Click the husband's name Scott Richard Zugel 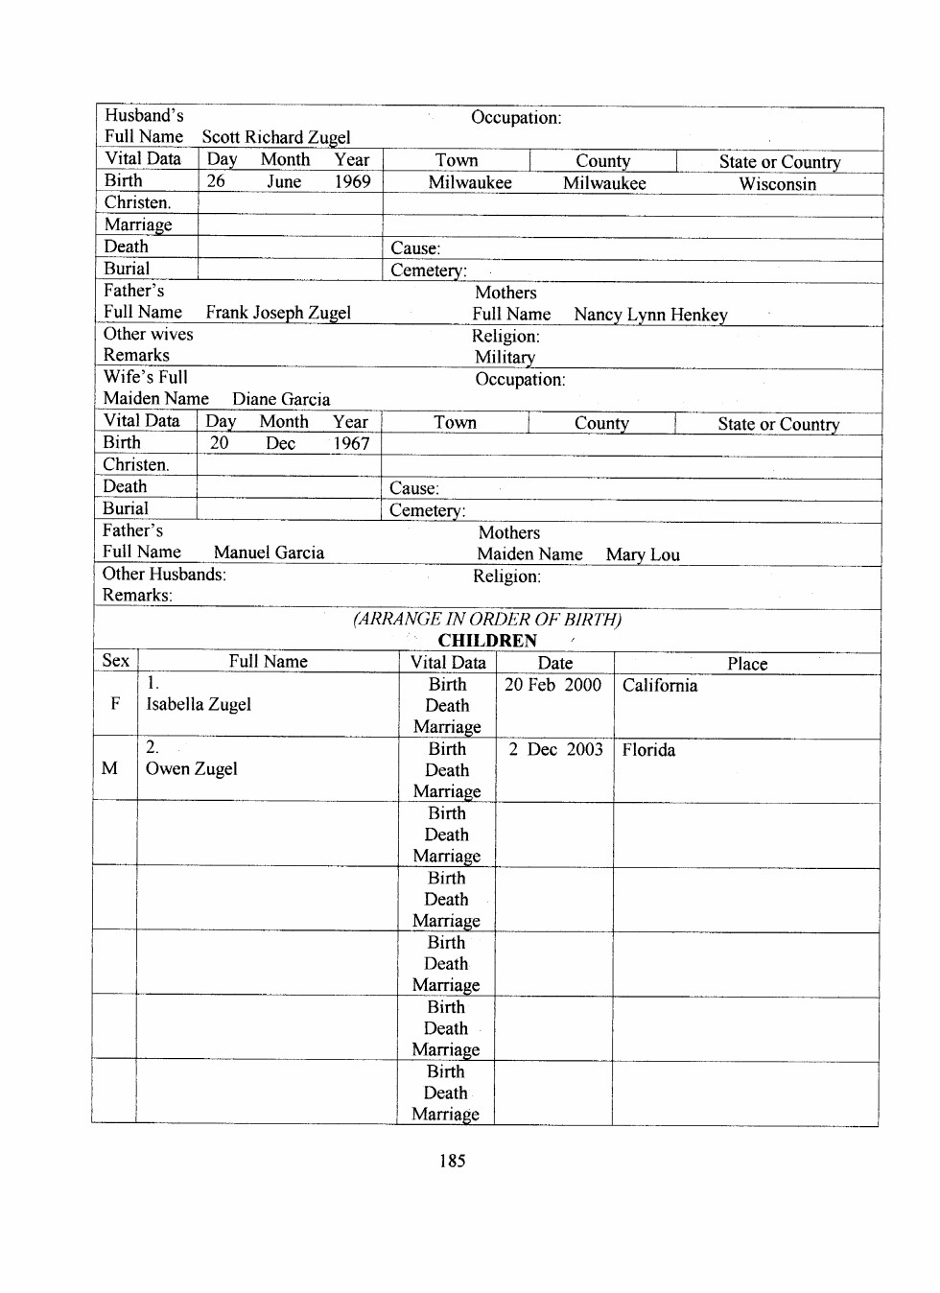(276, 137)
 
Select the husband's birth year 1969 (352, 181)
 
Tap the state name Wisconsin (777, 184)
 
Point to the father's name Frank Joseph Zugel (278, 313)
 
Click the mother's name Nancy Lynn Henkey (650, 315)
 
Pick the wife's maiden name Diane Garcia (281, 399)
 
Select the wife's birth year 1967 (351, 443)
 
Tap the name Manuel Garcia (269, 552)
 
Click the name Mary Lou (643, 554)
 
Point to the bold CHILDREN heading (487, 641)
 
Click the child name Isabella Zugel (199, 704)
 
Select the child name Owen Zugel (191, 768)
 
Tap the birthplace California (660, 686)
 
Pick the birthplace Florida (648, 750)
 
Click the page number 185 (452, 1161)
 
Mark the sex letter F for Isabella (115, 704)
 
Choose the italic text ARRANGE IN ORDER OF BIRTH (487, 619)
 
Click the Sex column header (115, 661)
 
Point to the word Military (505, 357)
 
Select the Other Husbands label (164, 575)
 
